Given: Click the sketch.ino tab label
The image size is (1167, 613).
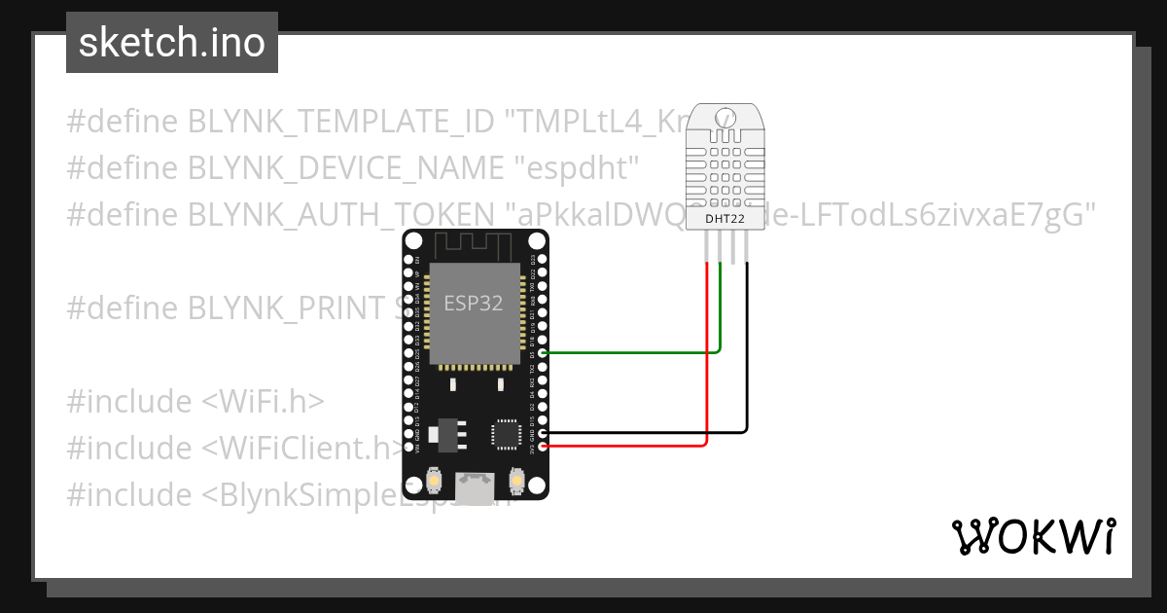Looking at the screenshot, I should click(171, 43).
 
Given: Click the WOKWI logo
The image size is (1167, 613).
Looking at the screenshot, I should click(1032, 536).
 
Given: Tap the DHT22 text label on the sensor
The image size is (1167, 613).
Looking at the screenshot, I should click(725, 221).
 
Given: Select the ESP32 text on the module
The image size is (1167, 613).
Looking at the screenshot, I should click(474, 303).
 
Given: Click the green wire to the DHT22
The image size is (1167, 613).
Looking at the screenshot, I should click(632, 352).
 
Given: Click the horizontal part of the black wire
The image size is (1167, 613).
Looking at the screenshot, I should click(642, 431).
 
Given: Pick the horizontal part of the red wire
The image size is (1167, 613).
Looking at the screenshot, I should click(622, 446).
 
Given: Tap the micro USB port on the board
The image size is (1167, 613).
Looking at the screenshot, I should click(476, 486).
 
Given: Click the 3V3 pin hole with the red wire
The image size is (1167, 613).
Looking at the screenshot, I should click(543, 446).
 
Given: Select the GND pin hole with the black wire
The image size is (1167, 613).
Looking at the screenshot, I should click(543, 431).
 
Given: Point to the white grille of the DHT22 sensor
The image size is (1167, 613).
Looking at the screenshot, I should click(725, 171).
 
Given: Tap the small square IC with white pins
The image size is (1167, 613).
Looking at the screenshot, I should click(506, 434).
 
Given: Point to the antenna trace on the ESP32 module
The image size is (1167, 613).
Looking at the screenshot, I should click(476, 248).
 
